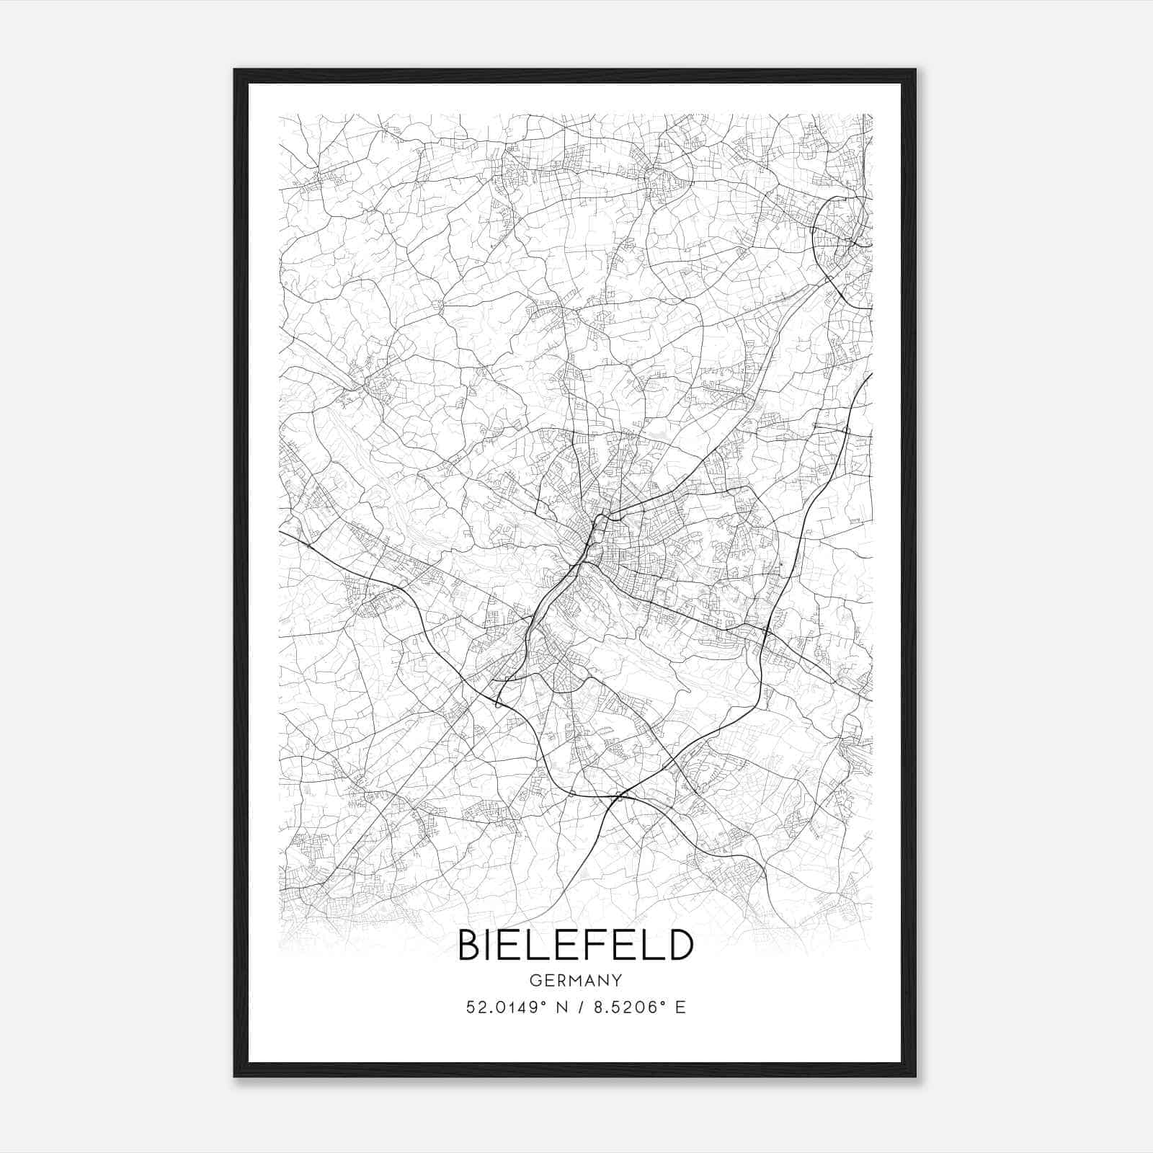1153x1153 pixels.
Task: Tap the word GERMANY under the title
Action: (x=576, y=980)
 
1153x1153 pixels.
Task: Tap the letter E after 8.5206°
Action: (x=680, y=1007)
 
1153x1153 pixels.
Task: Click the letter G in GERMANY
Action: (x=534, y=980)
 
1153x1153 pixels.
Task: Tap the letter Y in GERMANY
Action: (x=617, y=980)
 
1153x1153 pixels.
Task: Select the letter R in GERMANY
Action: (x=560, y=980)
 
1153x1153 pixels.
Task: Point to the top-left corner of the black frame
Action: (x=235, y=70)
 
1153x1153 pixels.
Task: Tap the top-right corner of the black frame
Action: (x=915, y=70)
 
